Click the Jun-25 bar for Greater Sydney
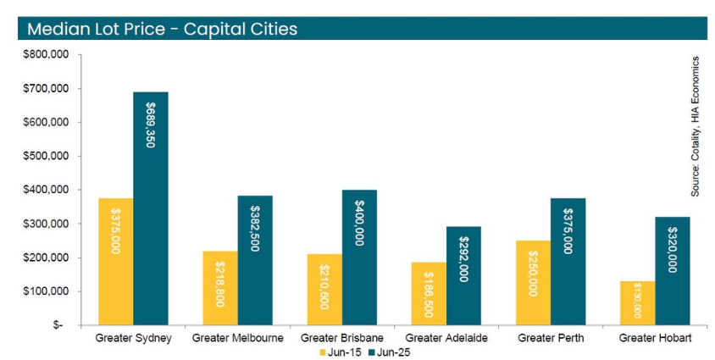coord(151,208)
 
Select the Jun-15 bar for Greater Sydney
coord(116,262)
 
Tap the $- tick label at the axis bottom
coord(57,325)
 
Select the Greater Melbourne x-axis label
coord(238,338)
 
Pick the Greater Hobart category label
coord(656,338)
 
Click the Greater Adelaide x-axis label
coord(446,338)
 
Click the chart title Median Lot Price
coord(162,29)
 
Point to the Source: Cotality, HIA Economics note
coord(695,127)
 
